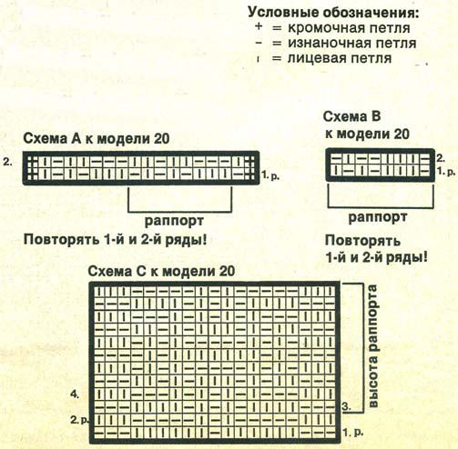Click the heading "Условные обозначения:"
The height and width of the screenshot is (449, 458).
(x=333, y=13)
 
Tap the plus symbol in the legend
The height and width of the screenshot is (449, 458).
(x=259, y=26)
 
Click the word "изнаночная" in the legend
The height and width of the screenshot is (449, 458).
(x=329, y=43)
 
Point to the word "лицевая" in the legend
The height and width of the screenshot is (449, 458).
(x=318, y=58)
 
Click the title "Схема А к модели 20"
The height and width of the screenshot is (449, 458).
(x=97, y=139)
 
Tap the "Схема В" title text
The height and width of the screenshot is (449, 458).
(x=351, y=116)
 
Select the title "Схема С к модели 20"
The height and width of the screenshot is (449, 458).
(x=161, y=271)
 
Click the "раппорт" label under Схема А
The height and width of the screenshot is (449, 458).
(x=174, y=221)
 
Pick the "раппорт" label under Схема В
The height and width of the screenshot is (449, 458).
(x=378, y=217)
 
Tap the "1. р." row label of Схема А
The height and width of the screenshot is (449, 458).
(x=270, y=175)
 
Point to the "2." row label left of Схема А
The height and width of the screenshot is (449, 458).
(x=8, y=162)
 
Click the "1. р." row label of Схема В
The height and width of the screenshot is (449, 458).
(x=446, y=171)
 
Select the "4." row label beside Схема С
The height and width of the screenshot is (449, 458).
(x=75, y=394)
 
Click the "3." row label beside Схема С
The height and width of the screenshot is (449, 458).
(x=347, y=406)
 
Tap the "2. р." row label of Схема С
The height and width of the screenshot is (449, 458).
(x=79, y=420)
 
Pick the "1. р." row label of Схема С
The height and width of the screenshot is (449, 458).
(x=353, y=433)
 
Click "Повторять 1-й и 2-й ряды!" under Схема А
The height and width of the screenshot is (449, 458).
(x=115, y=240)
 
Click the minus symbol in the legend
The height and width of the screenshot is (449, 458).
(x=259, y=43)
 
